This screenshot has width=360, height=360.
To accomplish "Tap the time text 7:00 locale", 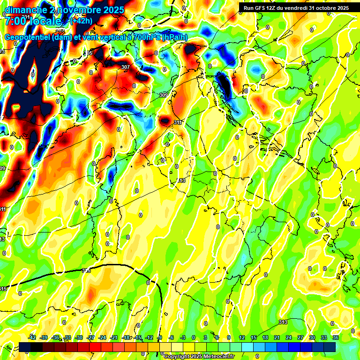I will coord(33,22).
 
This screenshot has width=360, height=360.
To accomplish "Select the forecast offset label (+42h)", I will coord(81,21).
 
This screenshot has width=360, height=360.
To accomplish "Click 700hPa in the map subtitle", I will coord(144,37).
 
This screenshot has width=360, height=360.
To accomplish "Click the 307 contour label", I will coord(125,67).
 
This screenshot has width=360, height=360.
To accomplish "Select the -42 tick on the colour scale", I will coord(32,337).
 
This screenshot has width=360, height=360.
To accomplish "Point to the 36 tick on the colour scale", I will coord(336,337).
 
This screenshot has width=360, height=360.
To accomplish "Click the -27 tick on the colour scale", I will coord(91,337).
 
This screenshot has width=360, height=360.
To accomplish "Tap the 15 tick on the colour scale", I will coord(253,337).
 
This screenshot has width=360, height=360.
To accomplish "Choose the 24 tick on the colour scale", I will coord(288,337).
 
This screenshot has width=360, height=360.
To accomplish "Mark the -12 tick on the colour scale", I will coord(149,337).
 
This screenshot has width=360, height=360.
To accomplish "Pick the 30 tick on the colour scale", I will coord(312,337).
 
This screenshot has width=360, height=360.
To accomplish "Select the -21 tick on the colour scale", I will coord(114,337).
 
